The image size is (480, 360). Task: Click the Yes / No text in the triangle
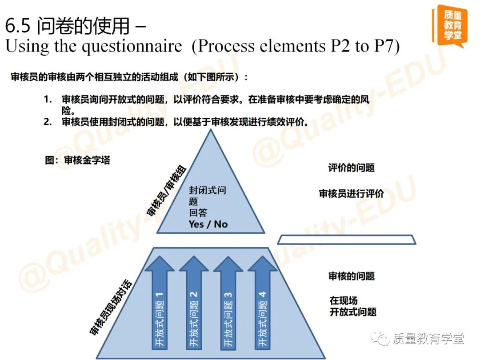tap(208, 224)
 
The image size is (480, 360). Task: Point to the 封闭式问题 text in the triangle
tap(208, 190)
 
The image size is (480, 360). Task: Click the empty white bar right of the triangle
tap(347, 240)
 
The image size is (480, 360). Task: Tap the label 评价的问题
tap(351, 168)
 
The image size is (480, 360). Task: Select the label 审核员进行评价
tap(351, 194)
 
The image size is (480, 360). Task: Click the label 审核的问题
tap(351, 276)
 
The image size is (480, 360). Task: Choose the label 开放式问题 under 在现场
tap(353, 312)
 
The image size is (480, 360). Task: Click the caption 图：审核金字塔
tap(77, 160)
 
